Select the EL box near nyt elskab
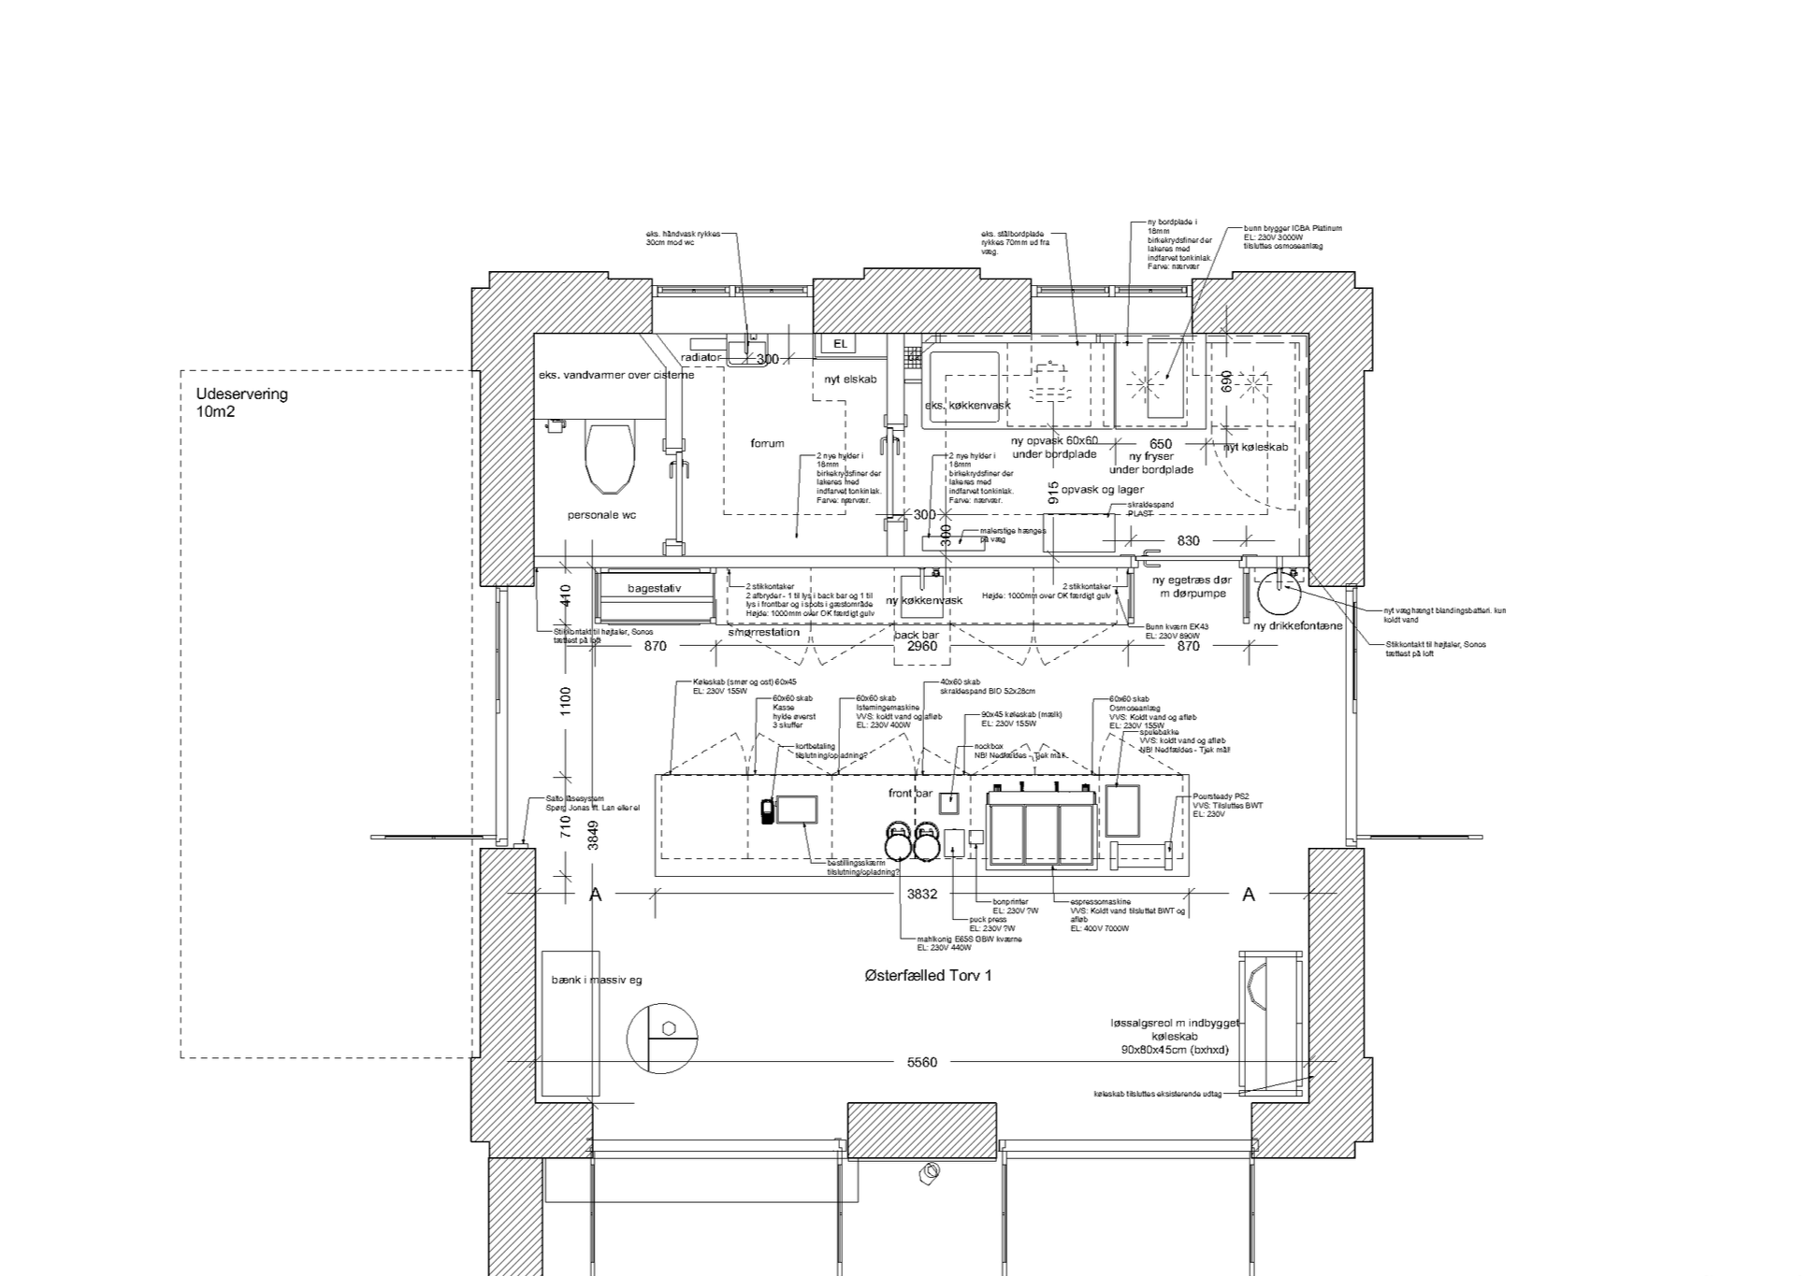coord(840,344)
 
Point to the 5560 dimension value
coord(921,1062)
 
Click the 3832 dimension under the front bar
coord(921,895)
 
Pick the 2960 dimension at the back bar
coord(921,646)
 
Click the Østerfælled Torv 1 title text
coord(928,976)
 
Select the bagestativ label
coord(654,589)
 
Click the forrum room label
coord(767,443)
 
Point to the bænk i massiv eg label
coord(597,980)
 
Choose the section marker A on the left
coord(595,896)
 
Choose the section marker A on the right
coord(1248,896)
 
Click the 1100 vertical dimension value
coord(565,697)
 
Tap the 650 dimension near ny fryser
coord(1160,444)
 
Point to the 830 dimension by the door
coord(1188,540)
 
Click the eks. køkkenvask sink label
coord(967,406)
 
